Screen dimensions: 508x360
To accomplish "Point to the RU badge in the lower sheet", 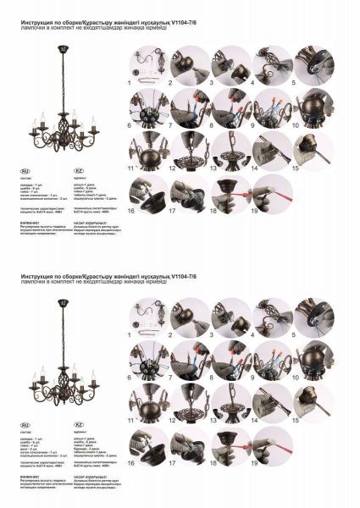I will click(x=25, y=426).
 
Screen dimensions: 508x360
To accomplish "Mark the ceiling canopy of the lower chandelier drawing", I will click(x=64, y=306).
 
